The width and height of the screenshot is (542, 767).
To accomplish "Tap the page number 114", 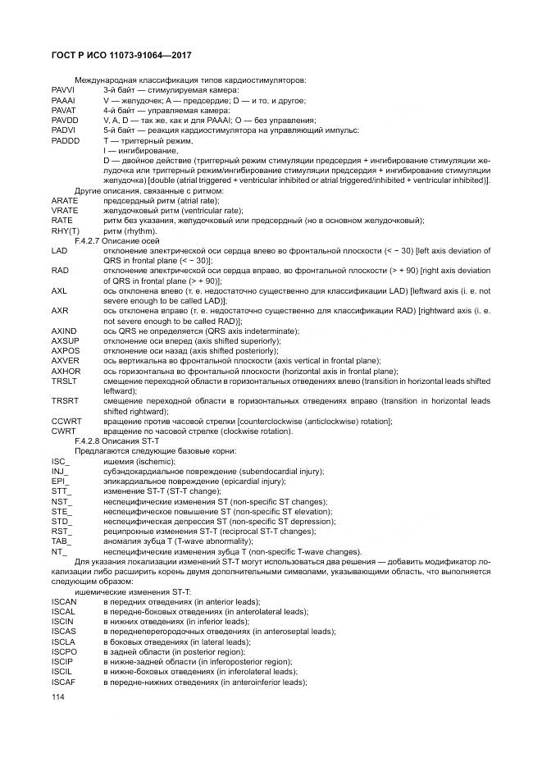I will coord(57,697).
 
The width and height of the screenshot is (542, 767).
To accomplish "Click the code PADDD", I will coord(64,140).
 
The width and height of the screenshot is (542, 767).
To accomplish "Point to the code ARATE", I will coord(64,201).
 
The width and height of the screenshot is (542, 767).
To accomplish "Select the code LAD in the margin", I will coord(59,251).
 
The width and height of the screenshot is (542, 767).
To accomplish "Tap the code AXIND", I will coord(64,331).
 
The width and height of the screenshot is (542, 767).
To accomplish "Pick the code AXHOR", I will coord(66,371).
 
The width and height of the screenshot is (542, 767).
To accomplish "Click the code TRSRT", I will coord(65,401).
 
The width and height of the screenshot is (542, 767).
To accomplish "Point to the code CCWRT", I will coord(66,421).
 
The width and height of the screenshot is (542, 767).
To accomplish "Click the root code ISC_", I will coord(61,462).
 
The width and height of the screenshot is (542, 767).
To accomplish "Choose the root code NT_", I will coord(59,552).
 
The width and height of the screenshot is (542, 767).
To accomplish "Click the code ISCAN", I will coord(63,601).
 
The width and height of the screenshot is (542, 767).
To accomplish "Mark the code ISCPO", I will coord(64,651).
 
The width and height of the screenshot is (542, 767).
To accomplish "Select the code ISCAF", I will coord(63,682).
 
